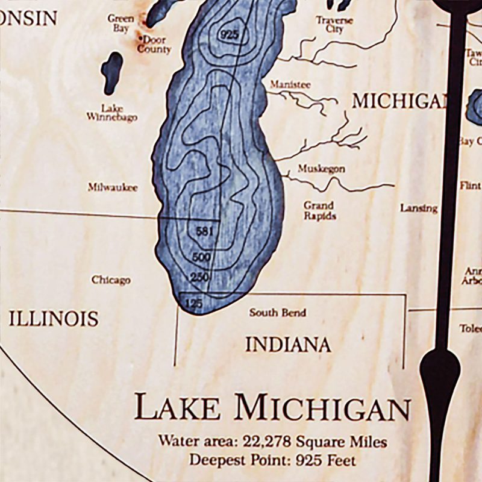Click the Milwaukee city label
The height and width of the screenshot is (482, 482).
(x=113, y=188)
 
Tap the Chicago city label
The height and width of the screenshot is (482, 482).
(x=111, y=280)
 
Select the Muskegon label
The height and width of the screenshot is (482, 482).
(x=321, y=169)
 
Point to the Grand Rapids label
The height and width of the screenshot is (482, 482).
(x=319, y=211)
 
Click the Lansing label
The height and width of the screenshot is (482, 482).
(x=418, y=208)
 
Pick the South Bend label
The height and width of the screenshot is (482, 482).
(x=278, y=313)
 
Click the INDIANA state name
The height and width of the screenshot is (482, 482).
(x=287, y=345)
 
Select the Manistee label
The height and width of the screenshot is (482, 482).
(x=290, y=85)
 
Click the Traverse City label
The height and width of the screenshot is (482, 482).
(x=334, y=24)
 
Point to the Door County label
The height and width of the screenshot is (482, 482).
(x=154, y=45)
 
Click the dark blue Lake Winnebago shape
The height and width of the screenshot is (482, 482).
(x=111, y=73)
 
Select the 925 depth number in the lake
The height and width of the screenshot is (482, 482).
(x=230, y=34)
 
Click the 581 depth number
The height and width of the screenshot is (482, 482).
(x=205, y=231)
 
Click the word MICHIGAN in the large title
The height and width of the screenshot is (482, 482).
(x=323, y=408)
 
